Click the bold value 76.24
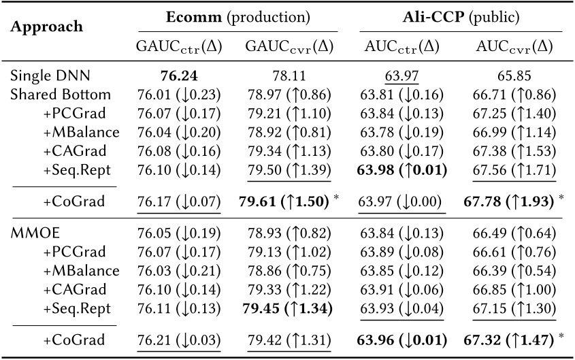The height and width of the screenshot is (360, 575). [x=178, y=77]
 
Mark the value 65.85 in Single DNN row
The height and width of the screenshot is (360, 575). [x=513, y=77]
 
